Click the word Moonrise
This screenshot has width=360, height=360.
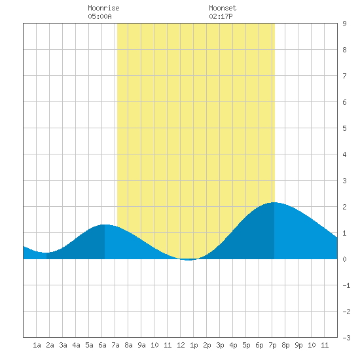click(x=103, y=8)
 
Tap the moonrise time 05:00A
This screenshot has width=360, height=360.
click(x=99, y=16)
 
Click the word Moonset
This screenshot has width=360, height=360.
click(x=223, y=8)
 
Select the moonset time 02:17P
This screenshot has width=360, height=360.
click(x=221, y=16)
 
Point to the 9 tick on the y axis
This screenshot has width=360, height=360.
click(x=344, y=24)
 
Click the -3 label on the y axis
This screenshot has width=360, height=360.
click(x=346, y=338)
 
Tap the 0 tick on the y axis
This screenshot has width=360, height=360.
click(x=344, y=259)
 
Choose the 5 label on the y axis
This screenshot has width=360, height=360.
click(x=344, y=128)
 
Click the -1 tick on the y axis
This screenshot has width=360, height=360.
click(x=346, y=285)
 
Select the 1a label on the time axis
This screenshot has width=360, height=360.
click(x=37, y=345)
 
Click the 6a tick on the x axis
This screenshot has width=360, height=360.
click(x=102, y=345)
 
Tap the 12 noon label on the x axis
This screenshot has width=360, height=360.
click(x=181, y=345)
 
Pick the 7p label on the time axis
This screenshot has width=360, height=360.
click(x=272, y=345)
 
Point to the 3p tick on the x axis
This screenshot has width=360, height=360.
click(x=220, y=345)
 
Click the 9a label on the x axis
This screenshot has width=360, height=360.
click(x=141, y=345)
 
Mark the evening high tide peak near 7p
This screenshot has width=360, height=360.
click(x=274, y=202)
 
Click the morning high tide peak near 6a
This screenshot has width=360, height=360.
click(x=105, y=225)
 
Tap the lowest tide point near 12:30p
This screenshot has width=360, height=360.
click(x=189, y=260)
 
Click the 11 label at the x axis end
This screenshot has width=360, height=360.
click(x=325, y=345)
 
